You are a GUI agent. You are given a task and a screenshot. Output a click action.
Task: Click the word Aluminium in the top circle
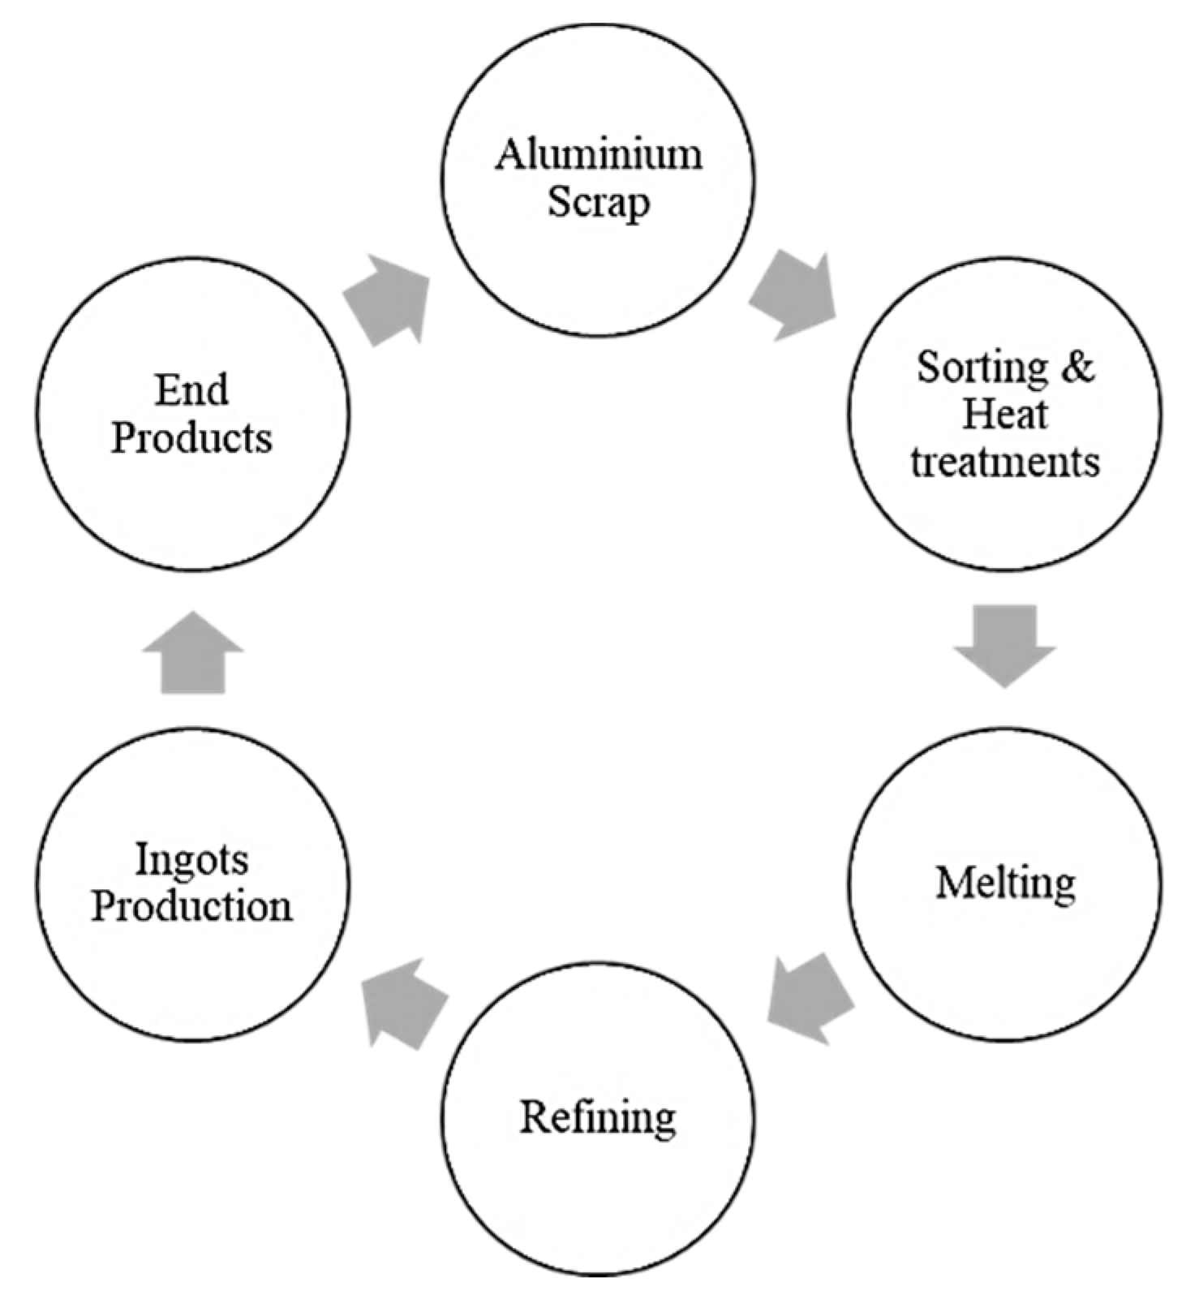coord(598,154)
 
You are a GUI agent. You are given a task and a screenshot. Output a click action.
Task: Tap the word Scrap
coord(598,202)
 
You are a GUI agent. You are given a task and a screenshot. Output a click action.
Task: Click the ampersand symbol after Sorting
coord(1077,367)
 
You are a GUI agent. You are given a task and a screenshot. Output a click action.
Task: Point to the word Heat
coord(1004,415)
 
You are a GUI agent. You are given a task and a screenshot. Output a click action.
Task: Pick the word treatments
coord(1004,462)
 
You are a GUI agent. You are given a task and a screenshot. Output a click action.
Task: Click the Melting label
coord(1005,883)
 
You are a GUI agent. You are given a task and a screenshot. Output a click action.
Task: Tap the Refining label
coord(598,1117)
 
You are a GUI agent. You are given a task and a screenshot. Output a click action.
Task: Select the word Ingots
coord(191,859)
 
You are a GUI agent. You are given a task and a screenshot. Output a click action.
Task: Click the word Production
coord(191,906)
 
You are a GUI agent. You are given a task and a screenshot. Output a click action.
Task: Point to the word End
coord(191,390)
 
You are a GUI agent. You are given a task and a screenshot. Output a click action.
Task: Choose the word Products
coord(191,438)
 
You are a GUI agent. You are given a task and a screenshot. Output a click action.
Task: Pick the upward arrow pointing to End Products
coord(193,654)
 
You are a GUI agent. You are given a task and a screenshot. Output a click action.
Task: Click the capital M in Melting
coord(952,882)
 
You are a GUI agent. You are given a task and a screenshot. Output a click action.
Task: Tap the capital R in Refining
coord(535,1117)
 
